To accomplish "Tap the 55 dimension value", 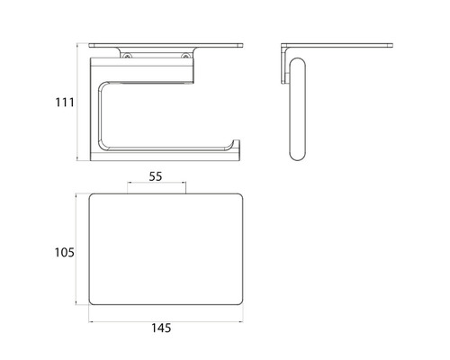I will pos(156,178).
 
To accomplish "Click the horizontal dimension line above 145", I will pos(167,319).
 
